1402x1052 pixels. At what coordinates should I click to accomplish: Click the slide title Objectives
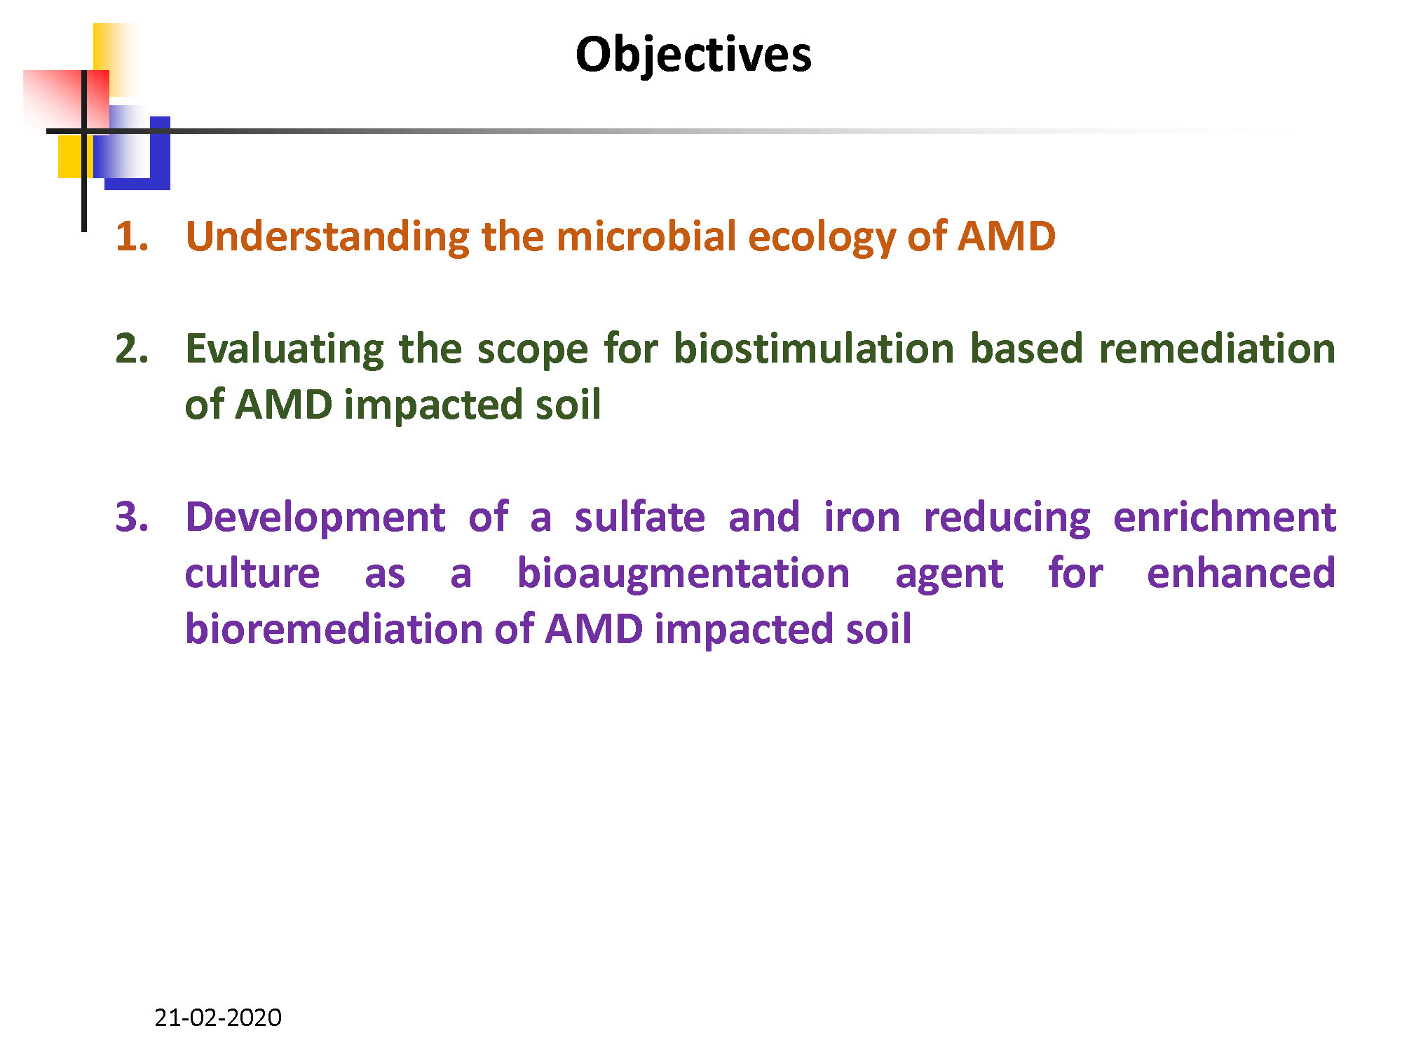pyautogui.click(x=693, y=55)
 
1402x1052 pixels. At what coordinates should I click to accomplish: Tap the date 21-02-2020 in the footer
pyautogui.click(x=218, y=1017)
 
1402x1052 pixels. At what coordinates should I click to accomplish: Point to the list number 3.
pyautogui.click(x=132, y=517)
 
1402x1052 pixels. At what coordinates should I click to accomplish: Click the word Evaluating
pyautogui.click(x=285, y=350)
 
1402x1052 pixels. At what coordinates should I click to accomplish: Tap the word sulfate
pyautogui.click(x=640, y=517)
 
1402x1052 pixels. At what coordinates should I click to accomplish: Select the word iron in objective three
pyautogui.click(x=862, y=517)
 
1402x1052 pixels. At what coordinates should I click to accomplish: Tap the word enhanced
pyautogui.click(x=1241, y=573)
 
